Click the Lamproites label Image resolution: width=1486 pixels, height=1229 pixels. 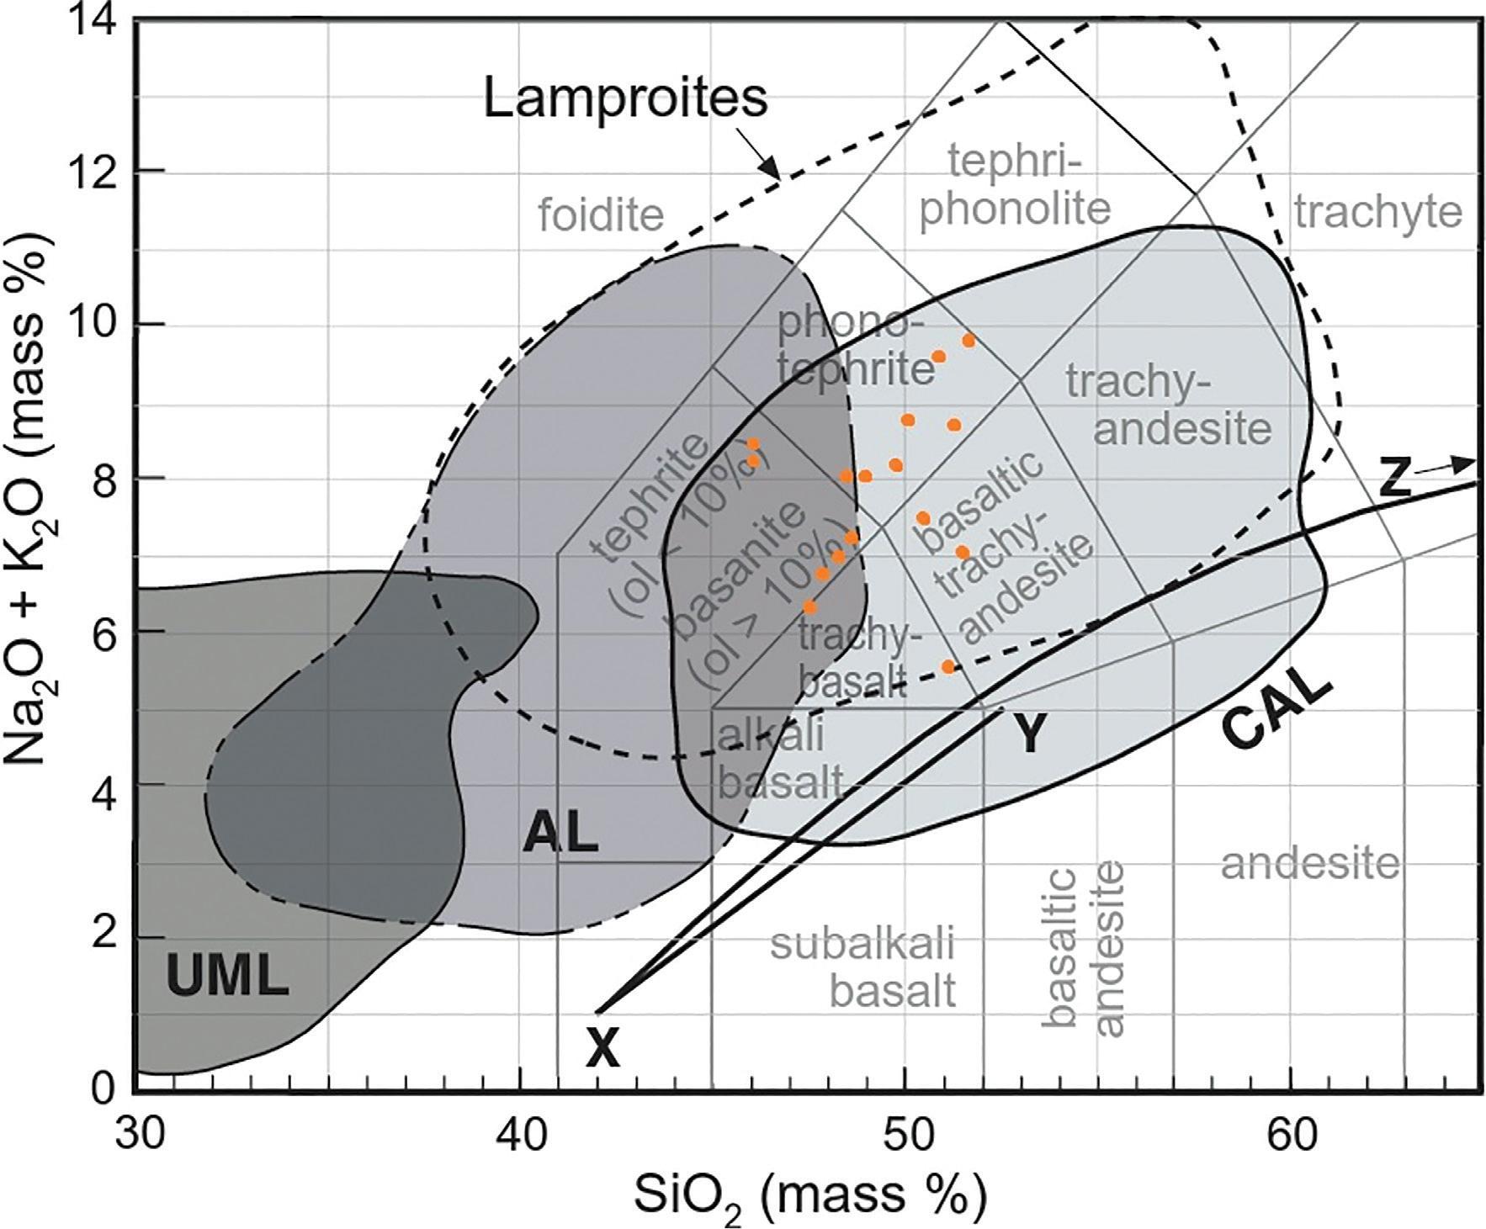625,98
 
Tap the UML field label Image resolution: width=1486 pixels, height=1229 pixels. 227,977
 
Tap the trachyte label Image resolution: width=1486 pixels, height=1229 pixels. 1378,212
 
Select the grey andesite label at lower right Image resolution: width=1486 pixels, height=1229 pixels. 1310,863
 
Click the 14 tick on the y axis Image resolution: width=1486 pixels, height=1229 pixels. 99,19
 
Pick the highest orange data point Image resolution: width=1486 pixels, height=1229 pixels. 969,341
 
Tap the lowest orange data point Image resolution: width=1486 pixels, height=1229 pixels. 947,666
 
